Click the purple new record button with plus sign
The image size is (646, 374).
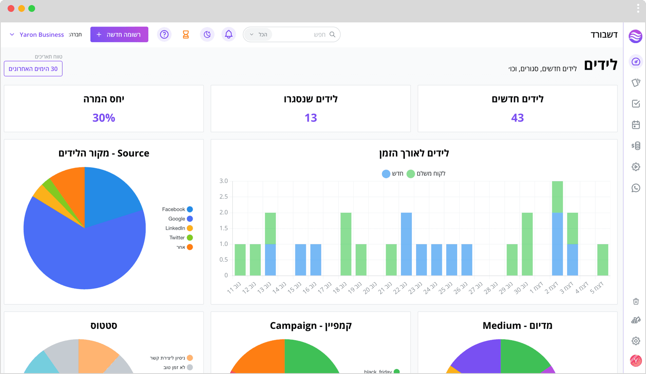point(119,35)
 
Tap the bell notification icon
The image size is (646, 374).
point(229,35)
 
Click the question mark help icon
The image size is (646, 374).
point(164,35)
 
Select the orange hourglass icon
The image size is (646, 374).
point(186,35)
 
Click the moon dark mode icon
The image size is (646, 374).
point(207,35)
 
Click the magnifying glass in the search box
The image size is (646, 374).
point(332,35)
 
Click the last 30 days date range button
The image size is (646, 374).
point(33,68)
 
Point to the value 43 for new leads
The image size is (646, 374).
point(518,118)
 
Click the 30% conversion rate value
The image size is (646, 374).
point(104,118)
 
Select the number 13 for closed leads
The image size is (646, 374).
point(311,118)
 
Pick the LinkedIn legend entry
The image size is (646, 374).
point(179,228)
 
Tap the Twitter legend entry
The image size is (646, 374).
point(181,238)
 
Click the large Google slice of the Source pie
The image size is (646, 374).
point(87,254)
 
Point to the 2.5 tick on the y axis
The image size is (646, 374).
point(224,197)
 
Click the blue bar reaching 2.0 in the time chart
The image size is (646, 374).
point(406,244)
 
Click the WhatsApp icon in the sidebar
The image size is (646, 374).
point(635,188)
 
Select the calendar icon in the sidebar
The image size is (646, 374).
point(635,125)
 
